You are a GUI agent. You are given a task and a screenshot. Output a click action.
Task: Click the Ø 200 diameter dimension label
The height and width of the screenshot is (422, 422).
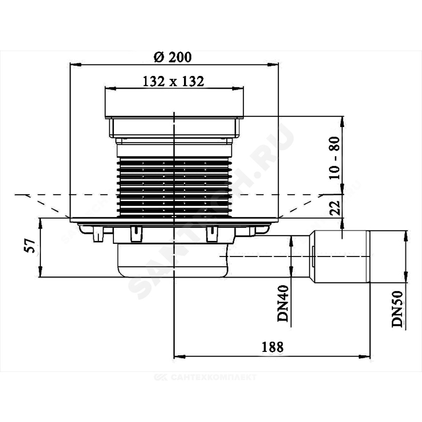coord(173,57)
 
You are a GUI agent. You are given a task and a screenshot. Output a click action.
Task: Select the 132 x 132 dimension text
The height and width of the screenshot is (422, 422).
coord(173,81)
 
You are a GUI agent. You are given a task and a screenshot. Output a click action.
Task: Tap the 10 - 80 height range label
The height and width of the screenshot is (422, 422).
coord(335,158)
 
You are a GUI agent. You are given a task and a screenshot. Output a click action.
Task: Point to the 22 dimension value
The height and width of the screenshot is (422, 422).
coord(335,207)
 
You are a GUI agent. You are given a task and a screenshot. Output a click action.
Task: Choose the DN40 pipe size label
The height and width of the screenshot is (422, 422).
coord(283,303)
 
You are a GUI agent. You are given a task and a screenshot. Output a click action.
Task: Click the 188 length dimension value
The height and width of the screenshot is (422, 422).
coord(273,347)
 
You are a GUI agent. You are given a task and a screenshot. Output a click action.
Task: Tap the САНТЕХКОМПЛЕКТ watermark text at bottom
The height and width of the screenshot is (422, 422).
coord(206,377)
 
